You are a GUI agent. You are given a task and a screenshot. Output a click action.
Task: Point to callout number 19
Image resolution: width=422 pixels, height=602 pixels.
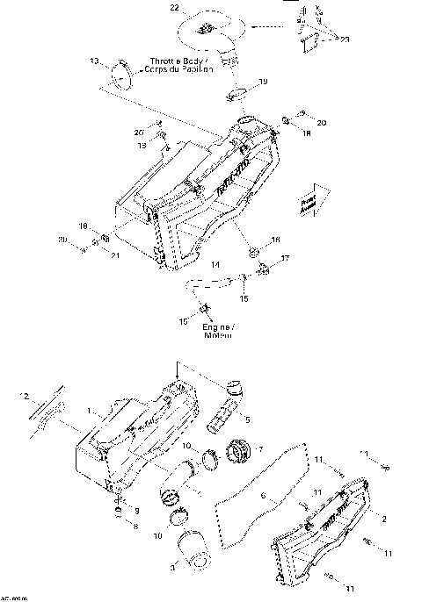pyautogui.click(x=264, y=82)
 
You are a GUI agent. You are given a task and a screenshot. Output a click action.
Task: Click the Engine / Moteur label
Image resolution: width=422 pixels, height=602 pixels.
pyautogui.click(x=215, y=330)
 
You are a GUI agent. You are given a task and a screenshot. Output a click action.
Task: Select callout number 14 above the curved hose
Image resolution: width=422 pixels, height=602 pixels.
pyautogui.click(x=215, y=263)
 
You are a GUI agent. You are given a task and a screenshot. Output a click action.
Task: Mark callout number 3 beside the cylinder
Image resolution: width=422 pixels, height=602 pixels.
pyautogui.click(x=171, y=570)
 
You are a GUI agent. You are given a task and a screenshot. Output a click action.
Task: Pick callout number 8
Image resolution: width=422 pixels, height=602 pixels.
pyautogui.click(x=135, y=527)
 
